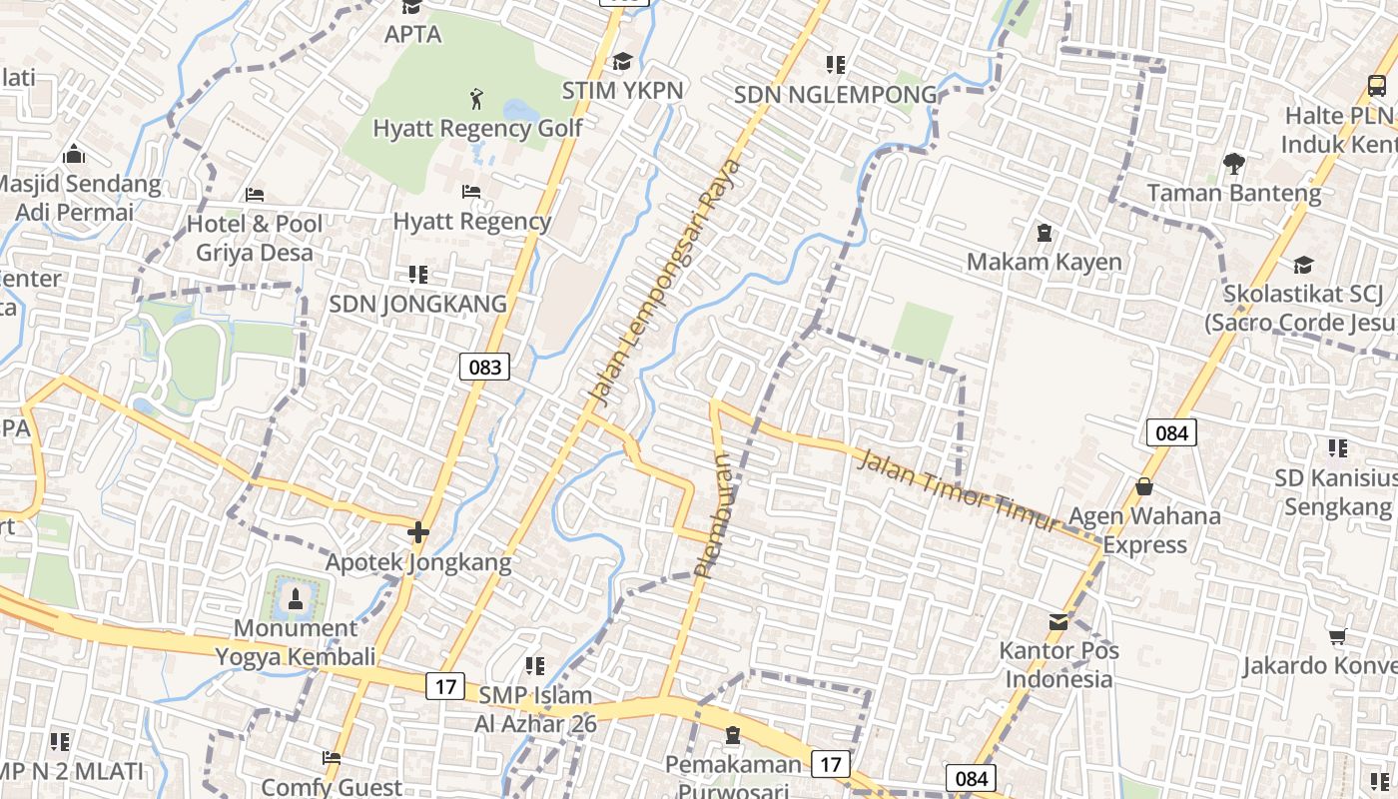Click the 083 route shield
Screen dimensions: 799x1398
[x=485, y=367]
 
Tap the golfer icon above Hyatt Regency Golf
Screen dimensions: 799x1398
[x=476, y=99]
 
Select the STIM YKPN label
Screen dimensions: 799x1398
[x=622, y=91]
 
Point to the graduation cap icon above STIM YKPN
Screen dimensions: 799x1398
[x=622, y=62]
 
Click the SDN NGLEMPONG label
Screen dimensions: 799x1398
[x=835, y=95]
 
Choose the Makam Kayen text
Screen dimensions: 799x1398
[x=1044, y=262]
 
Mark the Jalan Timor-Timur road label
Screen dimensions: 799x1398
[x=957, y=491]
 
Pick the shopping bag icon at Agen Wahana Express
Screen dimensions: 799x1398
[x=1144, y=487]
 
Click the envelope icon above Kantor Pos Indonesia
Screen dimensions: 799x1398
[x=1058, y=622]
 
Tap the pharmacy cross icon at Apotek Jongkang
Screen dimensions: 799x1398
[x=418, y=532]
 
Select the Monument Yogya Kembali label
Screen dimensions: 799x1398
[x=295, y=642]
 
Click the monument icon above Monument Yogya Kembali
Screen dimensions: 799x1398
[x=295, y=599]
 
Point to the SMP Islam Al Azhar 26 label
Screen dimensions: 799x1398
[x=536, y=709]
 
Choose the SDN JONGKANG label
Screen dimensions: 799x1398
[x=417, y=304]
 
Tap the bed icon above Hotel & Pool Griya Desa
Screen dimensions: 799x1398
[x=255, y=194]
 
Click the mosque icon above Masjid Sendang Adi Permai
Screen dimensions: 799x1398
[x=74, y=155]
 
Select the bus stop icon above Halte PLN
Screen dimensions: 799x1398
[x=1376, y=86]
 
